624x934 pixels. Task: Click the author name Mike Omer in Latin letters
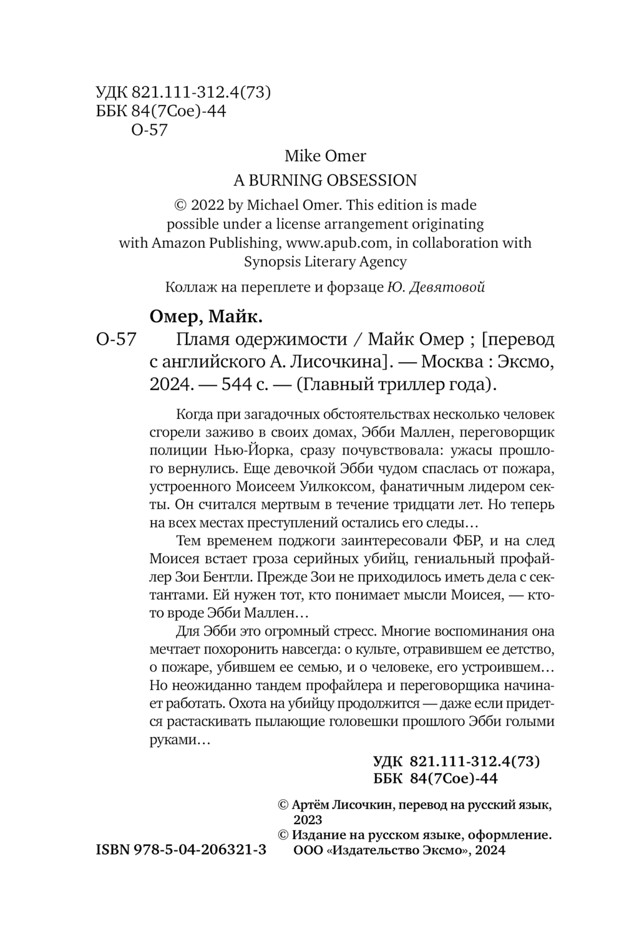pyautogui.click(x=325, y=155)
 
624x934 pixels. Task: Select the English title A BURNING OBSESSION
pyautogui.click(x=325, y=180)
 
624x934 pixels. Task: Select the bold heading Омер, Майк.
pyautogui.click(x=207, y=317)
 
